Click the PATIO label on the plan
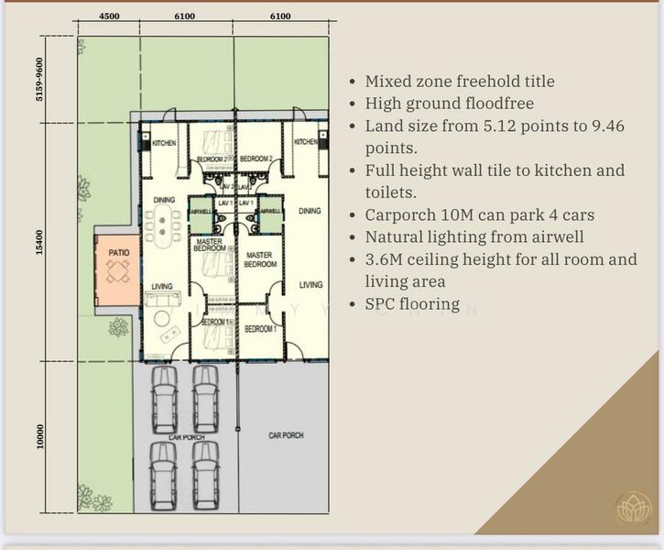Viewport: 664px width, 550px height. (x=119, y=252)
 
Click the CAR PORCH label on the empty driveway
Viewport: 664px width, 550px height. (x=286, y=435)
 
